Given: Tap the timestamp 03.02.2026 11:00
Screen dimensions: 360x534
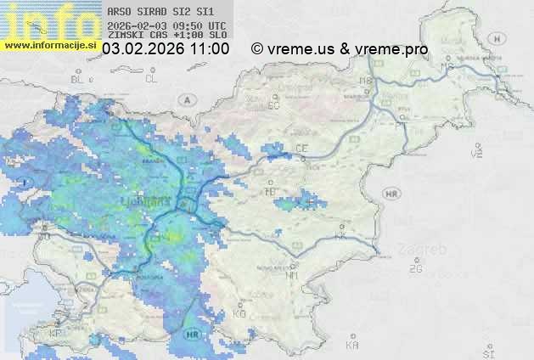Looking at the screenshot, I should click(166, 49).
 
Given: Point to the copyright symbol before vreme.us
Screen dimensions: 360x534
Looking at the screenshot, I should click(257, 49).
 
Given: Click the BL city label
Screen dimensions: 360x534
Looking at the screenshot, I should click(79, 79).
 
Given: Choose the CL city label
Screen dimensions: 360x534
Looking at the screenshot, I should click(151, 79).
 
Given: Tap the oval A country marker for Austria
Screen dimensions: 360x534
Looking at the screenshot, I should click(185, 98).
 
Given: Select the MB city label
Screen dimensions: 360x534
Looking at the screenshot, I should click(366, 81).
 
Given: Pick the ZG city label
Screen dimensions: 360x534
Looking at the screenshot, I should click(415, 269).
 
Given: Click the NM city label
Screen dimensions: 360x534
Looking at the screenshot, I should click(293, 275).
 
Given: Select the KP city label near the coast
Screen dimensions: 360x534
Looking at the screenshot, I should click(56, 334).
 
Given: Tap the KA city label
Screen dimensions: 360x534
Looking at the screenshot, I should click(352, 345).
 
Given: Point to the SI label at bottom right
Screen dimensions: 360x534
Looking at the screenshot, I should click(487, 352).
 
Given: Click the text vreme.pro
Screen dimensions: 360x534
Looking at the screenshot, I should click(391, 49).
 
